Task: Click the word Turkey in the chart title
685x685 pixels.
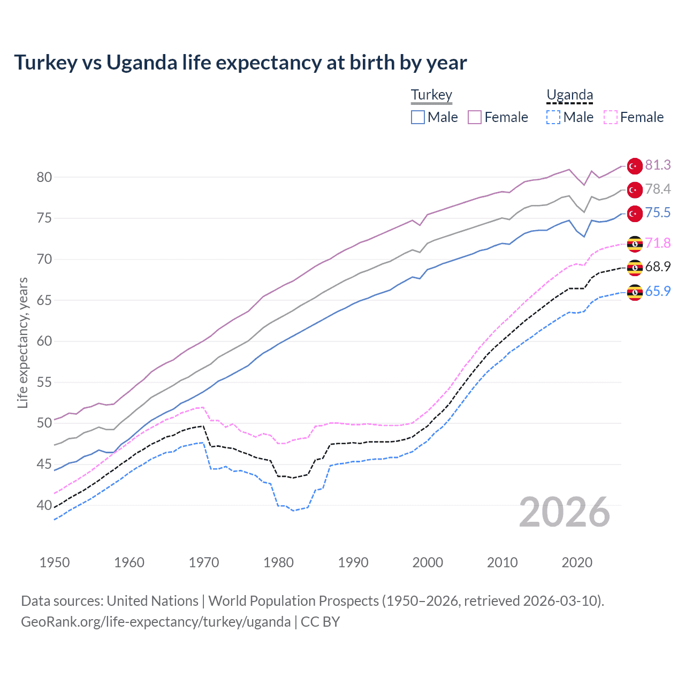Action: pos(45,63)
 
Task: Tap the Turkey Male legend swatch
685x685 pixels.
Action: pos(418,117)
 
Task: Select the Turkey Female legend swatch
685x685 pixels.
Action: pos(475,117)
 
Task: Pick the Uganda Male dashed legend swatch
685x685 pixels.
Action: pos(553,117)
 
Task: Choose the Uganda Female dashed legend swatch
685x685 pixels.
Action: pos(611,117)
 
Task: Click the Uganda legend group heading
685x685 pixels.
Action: pos(569,95)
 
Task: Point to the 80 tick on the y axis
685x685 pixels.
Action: pos(44,177)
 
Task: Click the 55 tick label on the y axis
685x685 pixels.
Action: pos(44,382)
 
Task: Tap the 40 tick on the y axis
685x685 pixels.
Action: pos(44,505)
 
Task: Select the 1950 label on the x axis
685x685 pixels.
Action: pos(55,562)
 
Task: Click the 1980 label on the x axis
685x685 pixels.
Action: pos(278,562)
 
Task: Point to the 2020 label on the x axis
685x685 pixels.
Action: pos(577,562)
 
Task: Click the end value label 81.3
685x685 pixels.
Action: pos(658,165)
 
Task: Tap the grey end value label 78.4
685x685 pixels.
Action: pos(658,189)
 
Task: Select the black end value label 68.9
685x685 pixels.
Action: pos(658,267)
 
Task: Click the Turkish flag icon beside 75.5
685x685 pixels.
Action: pos(635,214)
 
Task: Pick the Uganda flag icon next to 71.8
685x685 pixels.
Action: pos(635,243)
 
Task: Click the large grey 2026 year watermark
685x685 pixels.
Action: pos(565,513)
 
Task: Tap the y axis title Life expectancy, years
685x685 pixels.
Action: pos(22,342)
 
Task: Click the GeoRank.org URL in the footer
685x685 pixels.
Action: pos(156,622)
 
